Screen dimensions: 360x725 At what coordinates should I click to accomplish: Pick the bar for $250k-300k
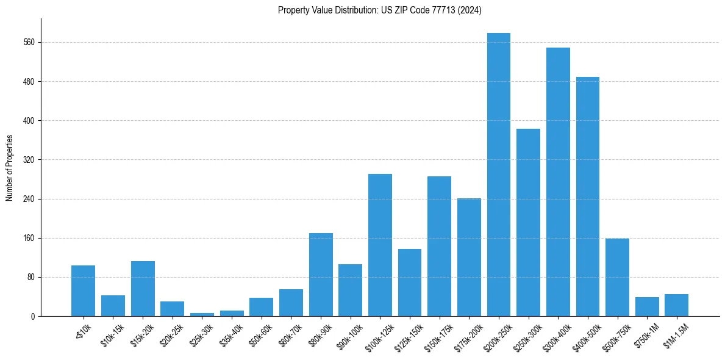click(528, 222)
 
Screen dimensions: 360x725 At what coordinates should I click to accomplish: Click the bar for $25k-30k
click(202, 314)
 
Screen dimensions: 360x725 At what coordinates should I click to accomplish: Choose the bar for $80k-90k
click(321, 275)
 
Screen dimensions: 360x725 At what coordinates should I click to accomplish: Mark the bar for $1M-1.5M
click(676, 305)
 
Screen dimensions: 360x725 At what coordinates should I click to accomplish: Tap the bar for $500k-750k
click(617, 277)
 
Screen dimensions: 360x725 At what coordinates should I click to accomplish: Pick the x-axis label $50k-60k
click(260, 336)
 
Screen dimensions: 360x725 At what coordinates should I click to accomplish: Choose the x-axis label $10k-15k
click(112, 336)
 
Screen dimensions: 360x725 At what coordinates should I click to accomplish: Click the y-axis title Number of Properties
click(9, 168)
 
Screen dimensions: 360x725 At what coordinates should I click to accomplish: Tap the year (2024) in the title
click(469, 10)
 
